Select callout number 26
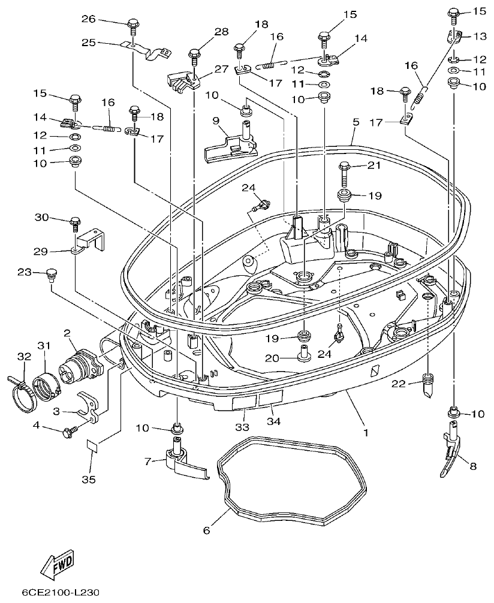[x=88, y=20]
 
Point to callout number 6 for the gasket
[x=207, y=530]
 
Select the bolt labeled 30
[x=75, y=222]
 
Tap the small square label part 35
[x=92, y=446]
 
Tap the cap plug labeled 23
[x=50, y=276]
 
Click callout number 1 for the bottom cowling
[x=365, y=431]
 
